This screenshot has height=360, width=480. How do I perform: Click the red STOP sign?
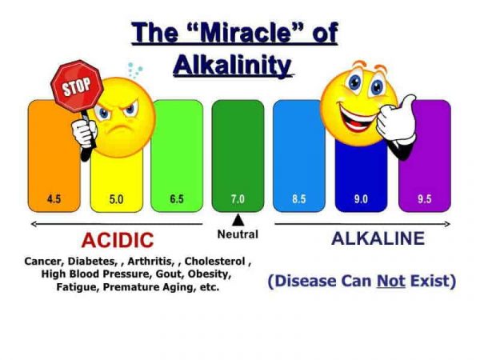pos(77,85)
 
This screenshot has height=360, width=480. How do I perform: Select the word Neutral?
pos(238,234)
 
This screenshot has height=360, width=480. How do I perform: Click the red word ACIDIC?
pos(117,240)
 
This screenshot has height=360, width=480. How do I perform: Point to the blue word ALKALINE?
pos(378,238)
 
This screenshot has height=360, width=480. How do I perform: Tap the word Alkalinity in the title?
pos(232,64)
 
